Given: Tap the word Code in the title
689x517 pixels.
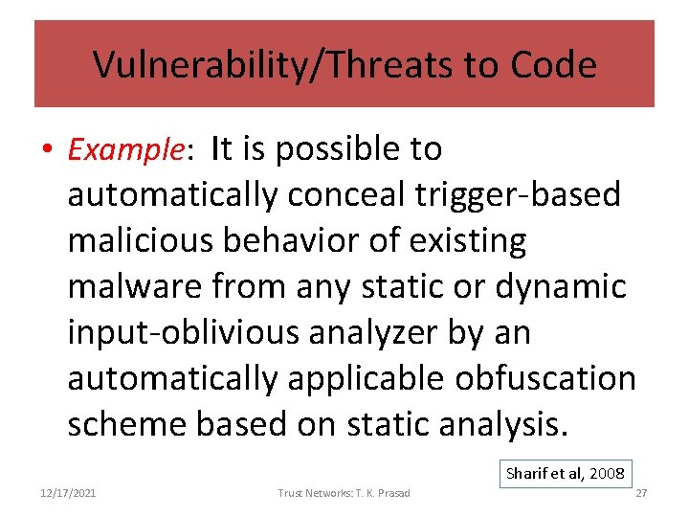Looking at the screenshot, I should click(554, 65).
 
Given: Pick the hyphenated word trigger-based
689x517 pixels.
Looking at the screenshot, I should click(519, 195).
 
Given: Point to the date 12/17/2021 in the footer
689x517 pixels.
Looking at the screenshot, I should click(68, 493).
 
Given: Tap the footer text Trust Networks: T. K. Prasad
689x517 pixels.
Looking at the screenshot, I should click(344, 493).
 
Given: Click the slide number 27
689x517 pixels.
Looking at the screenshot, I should click(642, 493).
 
